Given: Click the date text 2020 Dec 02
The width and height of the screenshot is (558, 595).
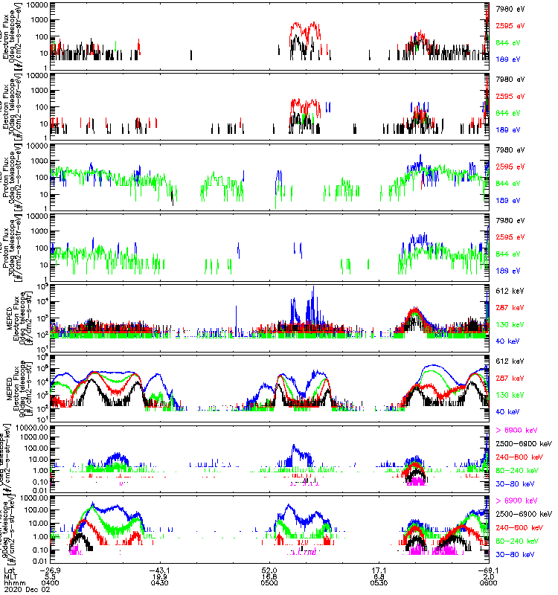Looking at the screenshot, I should pos(23,589).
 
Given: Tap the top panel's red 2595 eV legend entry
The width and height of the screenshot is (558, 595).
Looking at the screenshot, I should pos(509,25).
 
